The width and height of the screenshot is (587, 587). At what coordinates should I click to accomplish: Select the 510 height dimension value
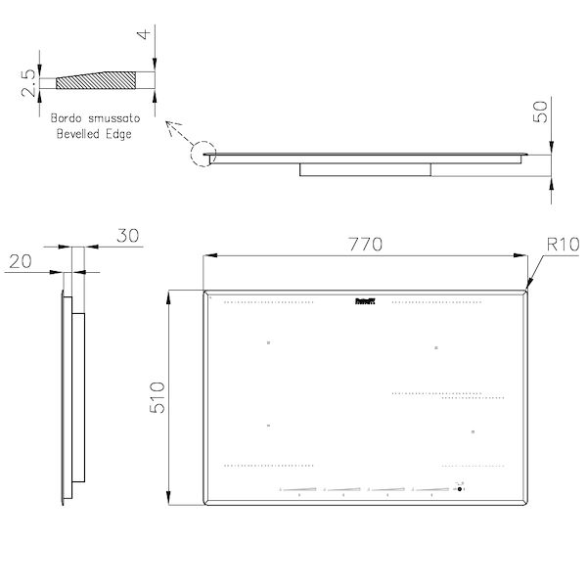pyautogui.click(x=156, y=398)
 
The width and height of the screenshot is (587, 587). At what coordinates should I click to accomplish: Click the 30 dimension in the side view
pyautogui.click(x=126, y=236)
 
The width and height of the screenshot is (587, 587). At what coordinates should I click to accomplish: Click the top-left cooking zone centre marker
pyautogui.click(x=267, y=342)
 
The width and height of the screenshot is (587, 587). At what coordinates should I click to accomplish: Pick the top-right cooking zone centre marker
pyautogui.click(x=435, y=347)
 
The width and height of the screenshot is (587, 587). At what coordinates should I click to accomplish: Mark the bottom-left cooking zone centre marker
pyautogui.click(x=267, y=427)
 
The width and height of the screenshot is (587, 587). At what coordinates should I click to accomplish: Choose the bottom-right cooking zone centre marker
pyautogui.click(x=472, y=431)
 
